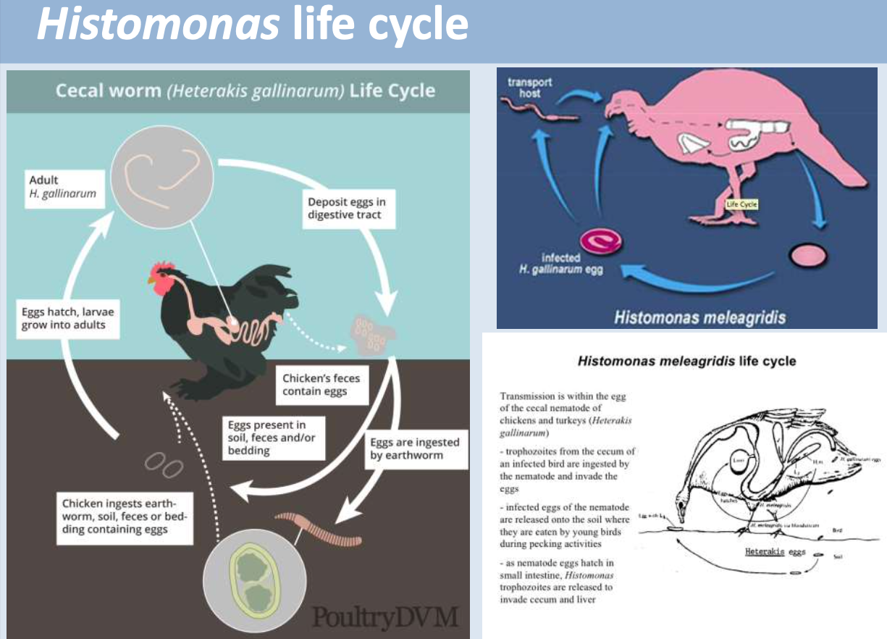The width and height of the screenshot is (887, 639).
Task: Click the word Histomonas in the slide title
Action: coord(158,24)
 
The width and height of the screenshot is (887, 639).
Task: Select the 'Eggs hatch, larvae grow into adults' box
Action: coord(68,318)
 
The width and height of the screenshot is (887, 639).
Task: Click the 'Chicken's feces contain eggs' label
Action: coord(321,385)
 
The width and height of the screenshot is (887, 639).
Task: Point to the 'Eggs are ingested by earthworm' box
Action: coord(415,448)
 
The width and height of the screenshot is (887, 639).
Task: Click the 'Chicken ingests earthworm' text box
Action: coord(124,516)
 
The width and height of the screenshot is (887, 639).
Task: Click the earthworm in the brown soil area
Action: coord(319,529)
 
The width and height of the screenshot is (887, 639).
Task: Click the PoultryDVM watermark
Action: coord(385,618)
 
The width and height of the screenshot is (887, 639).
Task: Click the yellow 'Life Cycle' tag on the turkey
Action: coord(741,204)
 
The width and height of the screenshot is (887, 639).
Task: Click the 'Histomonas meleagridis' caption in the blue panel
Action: coord(699,317)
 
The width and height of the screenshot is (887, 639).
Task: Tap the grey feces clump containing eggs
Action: coord(373,333)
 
